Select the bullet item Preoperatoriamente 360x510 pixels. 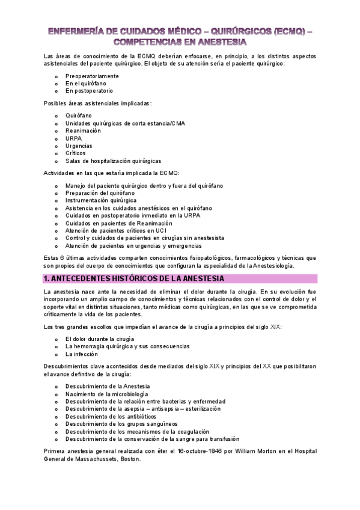click(93, 76)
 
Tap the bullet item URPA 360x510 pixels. click(73, 138)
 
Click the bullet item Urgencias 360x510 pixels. click(79, 146)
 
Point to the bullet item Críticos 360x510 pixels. click(77, 153)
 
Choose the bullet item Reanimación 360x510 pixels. click(84, 130)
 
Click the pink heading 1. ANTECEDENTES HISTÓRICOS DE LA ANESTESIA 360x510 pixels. click(134, 278)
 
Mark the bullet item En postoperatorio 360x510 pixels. click(90, 91)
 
